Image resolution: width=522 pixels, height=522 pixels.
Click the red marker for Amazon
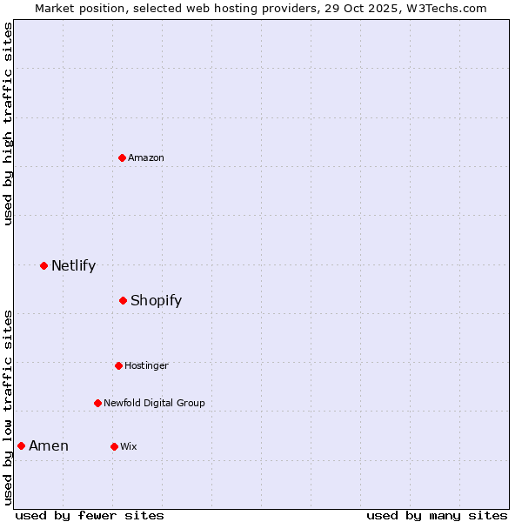click(122, 157)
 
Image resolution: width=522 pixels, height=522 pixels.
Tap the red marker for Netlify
click(43, 265)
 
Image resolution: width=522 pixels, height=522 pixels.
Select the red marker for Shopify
click(123, 300)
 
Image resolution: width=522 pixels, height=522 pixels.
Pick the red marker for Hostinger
click(118, 365)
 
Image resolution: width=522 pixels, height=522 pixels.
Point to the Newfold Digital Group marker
click(97, 403)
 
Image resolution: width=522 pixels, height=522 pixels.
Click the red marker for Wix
click(114, 446)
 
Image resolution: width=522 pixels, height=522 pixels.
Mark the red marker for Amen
click(21, 445)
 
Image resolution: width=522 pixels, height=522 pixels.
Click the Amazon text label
click(146, 157)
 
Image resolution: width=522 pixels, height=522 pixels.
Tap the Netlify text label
click(73, 265)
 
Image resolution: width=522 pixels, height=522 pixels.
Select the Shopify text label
click(156, 300)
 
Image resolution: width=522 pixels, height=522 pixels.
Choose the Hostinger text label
click(146, 365)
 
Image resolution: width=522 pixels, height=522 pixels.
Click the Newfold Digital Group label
click(154, 403)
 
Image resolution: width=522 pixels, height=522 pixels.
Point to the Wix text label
click(129, 446)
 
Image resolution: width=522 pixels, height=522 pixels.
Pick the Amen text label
click(49, 445)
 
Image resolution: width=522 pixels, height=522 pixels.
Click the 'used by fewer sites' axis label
click(90, 515)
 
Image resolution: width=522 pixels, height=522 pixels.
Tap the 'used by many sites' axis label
click(437, 515)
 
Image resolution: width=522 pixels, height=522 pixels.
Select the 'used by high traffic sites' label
click(8, 124)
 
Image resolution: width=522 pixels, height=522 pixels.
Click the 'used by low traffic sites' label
click(8, 407)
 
